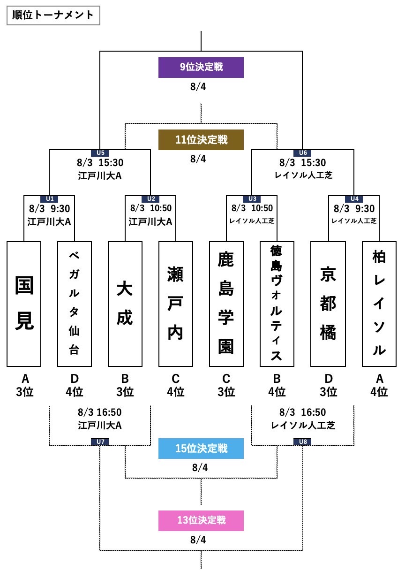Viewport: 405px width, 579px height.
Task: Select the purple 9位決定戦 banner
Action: (x=201, y=67)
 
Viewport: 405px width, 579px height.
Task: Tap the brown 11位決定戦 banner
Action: (x=201, y=140)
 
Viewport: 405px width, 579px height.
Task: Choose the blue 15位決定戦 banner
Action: (x=201, y=448)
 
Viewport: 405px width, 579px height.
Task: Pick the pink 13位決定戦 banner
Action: (x=201, y=520)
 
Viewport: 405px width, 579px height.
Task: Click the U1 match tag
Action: (x=49, y=199)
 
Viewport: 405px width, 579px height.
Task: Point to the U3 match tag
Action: (x=252, y=199)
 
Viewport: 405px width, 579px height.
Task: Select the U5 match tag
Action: (x=100, y=152)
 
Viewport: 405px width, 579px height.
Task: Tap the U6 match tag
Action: (x=302, y=152)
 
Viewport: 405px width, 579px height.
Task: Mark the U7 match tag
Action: (x=100, y=442)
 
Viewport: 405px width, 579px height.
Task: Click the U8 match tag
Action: (x=302, y=442)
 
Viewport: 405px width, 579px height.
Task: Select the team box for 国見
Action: (x=24, y=304)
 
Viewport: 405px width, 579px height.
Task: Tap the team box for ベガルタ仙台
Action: (x=75, y=304)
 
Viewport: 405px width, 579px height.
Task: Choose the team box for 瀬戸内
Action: (x=176, y=304)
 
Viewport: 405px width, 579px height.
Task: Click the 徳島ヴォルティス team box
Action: (x=277, y=304)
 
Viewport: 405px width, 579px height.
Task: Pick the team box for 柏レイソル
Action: (x=379, y=304)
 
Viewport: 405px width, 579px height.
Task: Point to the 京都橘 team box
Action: (x=328, y=304)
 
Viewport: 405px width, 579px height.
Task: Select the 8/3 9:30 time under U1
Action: (x=49, y=208)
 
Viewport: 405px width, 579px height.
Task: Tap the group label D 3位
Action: (x=328, y=385)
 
